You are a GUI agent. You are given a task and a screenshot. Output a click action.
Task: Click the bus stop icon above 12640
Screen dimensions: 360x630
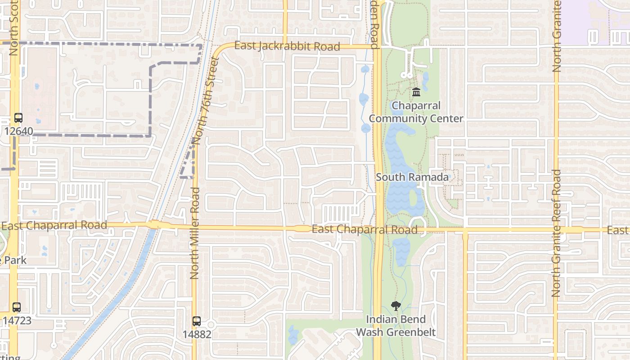point(18,118)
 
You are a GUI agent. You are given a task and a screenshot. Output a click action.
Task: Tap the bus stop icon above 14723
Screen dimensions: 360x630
point(17,307)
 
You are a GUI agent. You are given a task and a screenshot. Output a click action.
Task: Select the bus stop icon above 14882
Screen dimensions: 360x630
point(197,321)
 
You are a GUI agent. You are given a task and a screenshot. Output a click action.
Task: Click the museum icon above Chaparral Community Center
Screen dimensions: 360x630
point(416,92)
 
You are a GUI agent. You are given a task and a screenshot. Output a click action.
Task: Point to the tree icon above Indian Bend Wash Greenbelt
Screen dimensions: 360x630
point(396,306)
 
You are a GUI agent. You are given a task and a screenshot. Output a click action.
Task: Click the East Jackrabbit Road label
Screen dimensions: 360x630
point(287,46)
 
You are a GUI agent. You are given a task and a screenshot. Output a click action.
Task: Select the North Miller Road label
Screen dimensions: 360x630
point(194,233)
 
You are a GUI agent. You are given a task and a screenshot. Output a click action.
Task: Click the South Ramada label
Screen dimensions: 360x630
point(412,177)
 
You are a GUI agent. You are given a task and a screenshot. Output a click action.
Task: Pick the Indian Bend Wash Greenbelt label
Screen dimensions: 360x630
point(396,326)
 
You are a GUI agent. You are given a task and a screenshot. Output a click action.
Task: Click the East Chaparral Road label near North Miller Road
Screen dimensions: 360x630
point(54,225)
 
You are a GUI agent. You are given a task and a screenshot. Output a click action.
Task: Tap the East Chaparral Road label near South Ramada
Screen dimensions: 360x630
point(364,230)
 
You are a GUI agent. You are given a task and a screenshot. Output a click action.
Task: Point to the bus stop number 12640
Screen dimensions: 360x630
point(18,131)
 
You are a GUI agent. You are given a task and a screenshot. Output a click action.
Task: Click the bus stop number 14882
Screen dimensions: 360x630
point(197,334)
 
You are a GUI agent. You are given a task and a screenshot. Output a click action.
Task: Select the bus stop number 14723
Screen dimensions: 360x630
point(17,320)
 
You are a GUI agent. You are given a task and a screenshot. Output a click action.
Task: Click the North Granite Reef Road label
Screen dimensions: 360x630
point(556,233)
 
